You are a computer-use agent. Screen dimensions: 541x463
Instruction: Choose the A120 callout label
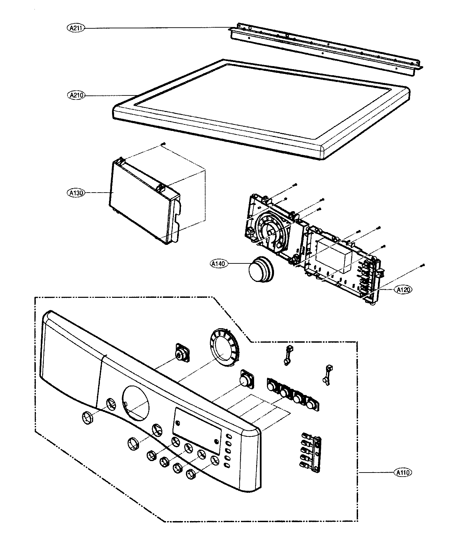click(x=404, y=289)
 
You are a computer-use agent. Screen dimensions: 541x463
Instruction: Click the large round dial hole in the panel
click(x=135, y=403)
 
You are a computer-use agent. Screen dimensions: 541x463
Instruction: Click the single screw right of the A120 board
click(x=423, y=265)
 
